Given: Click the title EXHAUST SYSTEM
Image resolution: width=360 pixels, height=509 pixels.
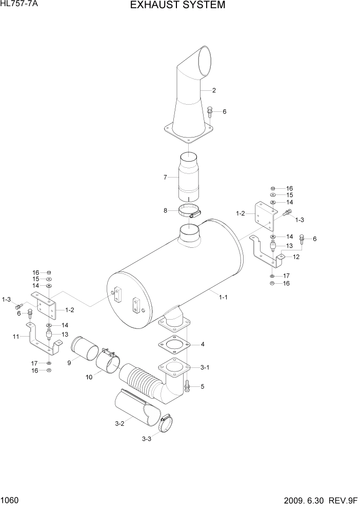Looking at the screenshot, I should point(177,6).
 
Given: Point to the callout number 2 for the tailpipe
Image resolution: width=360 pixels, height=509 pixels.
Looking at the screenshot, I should point(214,91).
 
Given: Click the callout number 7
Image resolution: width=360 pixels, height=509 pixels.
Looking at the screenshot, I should point(165,178).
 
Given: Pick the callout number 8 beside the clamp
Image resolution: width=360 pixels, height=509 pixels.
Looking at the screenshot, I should point(165,210).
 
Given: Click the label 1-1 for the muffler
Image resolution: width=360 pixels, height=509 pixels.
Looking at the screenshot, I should point(223,297).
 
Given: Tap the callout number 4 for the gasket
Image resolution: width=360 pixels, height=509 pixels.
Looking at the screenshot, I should point(203,344).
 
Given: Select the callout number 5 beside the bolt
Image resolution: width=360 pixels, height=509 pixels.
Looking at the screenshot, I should point(203,386).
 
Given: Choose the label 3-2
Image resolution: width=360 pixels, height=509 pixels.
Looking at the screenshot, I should point(119,424).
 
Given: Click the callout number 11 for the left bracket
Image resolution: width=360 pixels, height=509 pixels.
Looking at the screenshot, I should point(15,337).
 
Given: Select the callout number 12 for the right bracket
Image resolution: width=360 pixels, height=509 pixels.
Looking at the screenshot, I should point(296,257).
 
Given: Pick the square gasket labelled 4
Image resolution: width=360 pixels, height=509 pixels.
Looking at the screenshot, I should point(174,344).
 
